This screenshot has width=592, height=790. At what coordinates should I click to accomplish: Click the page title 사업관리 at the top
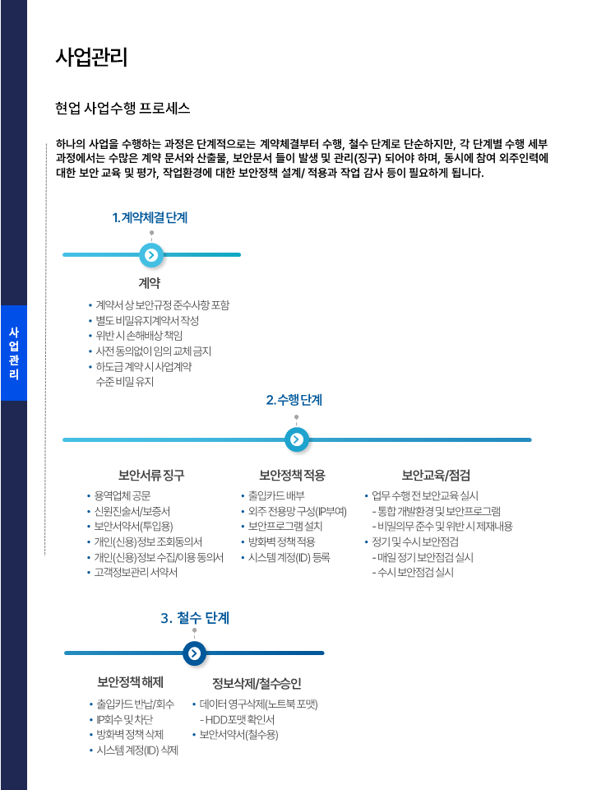91,57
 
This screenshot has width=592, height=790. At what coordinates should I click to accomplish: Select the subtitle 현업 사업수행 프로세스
123,108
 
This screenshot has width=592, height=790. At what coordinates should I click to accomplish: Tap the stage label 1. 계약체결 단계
150,217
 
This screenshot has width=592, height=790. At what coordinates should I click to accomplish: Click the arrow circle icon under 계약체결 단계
150,255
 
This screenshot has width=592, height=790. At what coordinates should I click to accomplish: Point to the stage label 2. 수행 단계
294,400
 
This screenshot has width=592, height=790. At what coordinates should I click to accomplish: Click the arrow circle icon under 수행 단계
296,439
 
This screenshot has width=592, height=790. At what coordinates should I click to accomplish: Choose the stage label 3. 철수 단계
195,617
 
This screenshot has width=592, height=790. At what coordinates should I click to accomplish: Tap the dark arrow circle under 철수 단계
194,653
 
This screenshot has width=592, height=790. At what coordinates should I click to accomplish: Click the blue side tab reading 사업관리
13,353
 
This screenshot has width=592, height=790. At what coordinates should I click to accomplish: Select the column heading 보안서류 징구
151,475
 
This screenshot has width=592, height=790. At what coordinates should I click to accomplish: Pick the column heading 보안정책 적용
292,475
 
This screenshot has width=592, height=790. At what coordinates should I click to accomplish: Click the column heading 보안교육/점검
436,475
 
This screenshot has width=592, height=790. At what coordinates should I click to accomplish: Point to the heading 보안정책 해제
131,682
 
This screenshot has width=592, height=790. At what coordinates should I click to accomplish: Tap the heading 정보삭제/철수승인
257,683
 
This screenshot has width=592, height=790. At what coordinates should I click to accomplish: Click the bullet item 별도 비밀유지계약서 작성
147,320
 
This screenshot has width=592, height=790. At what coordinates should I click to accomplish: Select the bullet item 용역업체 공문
123,496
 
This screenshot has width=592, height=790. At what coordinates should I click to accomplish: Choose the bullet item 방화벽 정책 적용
281,541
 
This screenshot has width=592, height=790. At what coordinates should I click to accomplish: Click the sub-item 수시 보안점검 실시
415,572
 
